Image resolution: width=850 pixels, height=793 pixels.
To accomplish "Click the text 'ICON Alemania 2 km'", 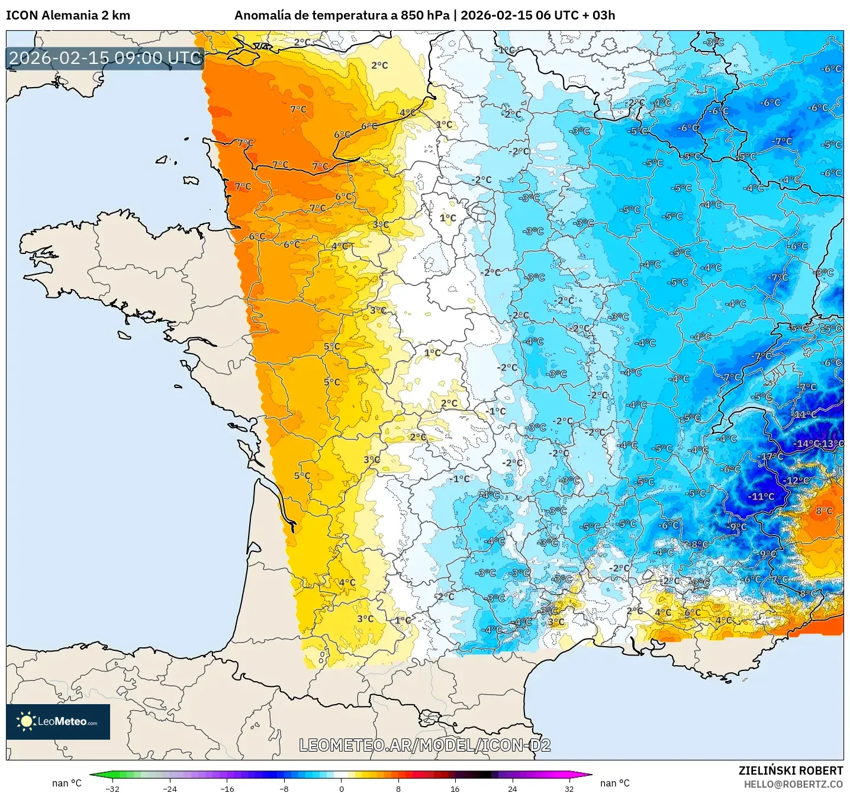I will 68,15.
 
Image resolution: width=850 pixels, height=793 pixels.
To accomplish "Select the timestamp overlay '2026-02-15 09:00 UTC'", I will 105,58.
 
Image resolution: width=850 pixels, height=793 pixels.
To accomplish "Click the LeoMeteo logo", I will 58,721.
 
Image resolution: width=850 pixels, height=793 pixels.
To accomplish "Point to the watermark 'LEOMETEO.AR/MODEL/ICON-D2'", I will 424,745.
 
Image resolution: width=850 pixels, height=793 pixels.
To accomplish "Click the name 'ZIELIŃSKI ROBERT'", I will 790,770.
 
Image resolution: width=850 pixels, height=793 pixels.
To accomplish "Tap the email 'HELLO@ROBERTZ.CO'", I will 793,784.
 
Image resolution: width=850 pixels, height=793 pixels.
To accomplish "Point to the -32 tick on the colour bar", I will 112,788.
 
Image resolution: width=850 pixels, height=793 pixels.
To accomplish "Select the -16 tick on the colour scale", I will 227,788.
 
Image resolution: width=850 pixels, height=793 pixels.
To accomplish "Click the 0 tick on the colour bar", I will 342,788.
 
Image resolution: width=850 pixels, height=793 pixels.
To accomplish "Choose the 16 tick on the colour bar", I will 455,788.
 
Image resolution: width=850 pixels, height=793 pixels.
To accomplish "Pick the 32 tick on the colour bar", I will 569,788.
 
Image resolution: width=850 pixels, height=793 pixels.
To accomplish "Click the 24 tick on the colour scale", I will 512,788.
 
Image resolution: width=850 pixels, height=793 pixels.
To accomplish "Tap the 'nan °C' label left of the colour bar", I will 66,783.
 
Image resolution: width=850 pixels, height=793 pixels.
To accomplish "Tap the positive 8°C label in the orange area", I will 824,511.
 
